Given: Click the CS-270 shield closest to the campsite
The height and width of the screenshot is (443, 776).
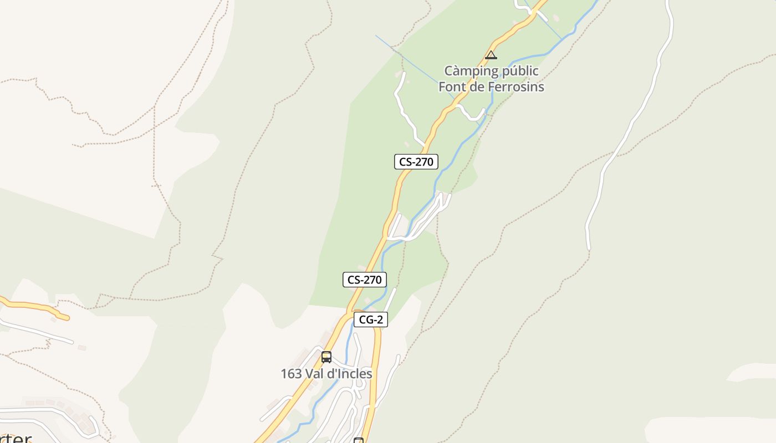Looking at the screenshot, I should point(416,162).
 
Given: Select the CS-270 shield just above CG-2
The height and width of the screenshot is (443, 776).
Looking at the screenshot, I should point(364,280).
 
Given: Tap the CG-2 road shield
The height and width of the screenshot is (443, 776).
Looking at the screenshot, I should point(371,320).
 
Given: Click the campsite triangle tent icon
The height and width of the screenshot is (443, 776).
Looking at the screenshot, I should point(491,55).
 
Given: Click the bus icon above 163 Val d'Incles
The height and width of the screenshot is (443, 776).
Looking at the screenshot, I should point(326,357).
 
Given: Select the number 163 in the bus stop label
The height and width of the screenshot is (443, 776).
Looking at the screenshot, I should point(291,374).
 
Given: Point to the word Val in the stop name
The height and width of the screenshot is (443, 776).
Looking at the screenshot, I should point(316,374).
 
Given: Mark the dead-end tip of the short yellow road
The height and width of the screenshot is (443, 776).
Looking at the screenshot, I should point(67,318).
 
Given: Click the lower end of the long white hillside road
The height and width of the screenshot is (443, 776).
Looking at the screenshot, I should point(589,248).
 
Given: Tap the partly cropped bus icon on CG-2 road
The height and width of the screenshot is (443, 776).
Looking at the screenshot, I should point(359,440).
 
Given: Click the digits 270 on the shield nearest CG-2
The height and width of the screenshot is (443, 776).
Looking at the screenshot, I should point(371,280).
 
